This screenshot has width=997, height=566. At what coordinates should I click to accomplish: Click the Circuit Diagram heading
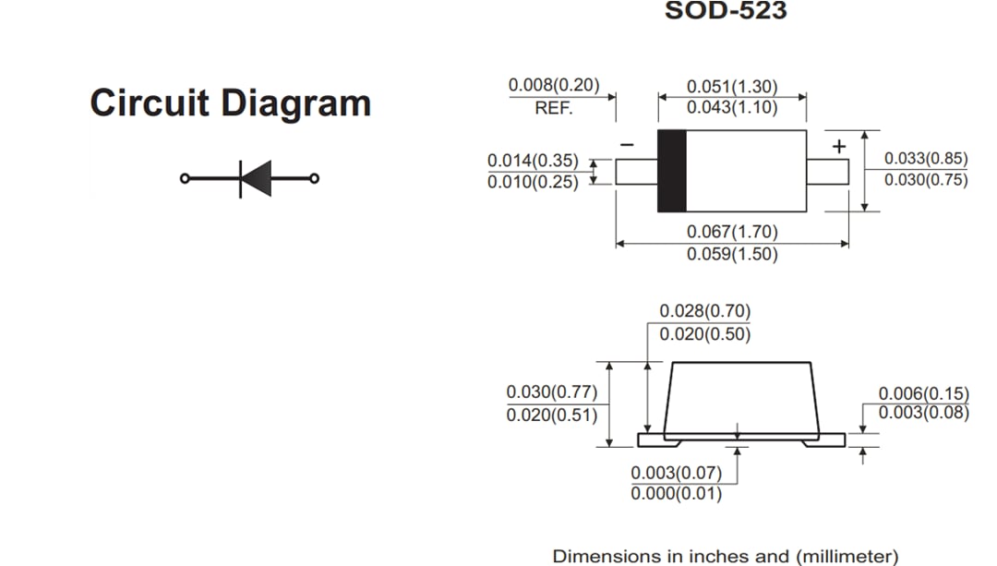[x=230, y=102]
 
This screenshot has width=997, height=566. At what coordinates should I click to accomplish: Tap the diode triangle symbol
[x=257, y=178]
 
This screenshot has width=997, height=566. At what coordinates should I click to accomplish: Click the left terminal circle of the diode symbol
[x=185, y=178]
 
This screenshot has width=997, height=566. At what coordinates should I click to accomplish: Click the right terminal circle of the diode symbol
[x=315, y=178]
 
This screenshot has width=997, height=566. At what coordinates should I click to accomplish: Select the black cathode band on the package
[x=671, y=171]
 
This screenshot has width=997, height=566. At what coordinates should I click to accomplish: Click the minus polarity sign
[x=627, y=145]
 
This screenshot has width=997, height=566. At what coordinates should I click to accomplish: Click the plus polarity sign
[x=838, y=146]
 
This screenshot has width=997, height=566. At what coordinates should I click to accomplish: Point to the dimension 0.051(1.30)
[x=732, y=87]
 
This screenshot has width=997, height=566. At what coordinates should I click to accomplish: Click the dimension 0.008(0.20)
[x=554, y=86]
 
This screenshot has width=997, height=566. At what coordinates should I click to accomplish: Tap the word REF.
[x=554, y=108]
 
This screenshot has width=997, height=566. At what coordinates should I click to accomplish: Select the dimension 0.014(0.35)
[x=533, y=161]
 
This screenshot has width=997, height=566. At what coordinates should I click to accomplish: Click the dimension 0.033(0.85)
[x=926, y=159]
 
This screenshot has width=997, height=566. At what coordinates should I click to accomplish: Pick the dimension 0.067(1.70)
[x=732, y=232]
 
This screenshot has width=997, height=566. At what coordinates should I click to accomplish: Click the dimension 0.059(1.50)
[x=732, y=254]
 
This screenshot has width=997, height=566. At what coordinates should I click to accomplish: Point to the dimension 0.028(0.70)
[x=704, y=311]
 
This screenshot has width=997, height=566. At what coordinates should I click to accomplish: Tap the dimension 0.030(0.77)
[x=552, y=392]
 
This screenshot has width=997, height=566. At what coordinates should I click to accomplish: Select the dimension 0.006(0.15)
[x=923, y=394]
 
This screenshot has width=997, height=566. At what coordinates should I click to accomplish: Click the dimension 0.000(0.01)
[x=677, y=494]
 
